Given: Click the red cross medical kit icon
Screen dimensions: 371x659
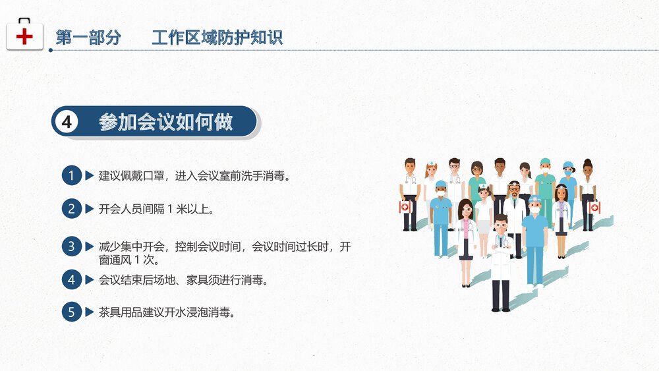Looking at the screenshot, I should click(24, 35).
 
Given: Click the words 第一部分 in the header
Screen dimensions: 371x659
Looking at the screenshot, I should click(88, 38).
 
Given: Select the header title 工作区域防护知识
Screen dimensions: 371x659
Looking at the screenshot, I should click(217, 38).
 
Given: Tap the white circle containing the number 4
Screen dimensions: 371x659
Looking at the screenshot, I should click(66, 122).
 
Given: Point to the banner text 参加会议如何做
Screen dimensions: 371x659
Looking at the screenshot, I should click(166, 122).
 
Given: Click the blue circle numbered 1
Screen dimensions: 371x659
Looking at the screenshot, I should click(71, 176).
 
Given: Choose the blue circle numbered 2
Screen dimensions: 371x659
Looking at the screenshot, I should click(71, 210).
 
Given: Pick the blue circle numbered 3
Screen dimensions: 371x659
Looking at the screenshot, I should click(71, 246).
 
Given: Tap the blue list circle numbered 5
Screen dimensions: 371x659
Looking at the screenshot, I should click(71, 312).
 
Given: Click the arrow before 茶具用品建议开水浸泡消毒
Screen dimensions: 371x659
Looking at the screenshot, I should click(89, 312).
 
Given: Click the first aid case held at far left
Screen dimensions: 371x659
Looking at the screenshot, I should click(405, 207).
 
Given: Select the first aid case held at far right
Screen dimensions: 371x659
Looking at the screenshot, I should click(594, 208).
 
